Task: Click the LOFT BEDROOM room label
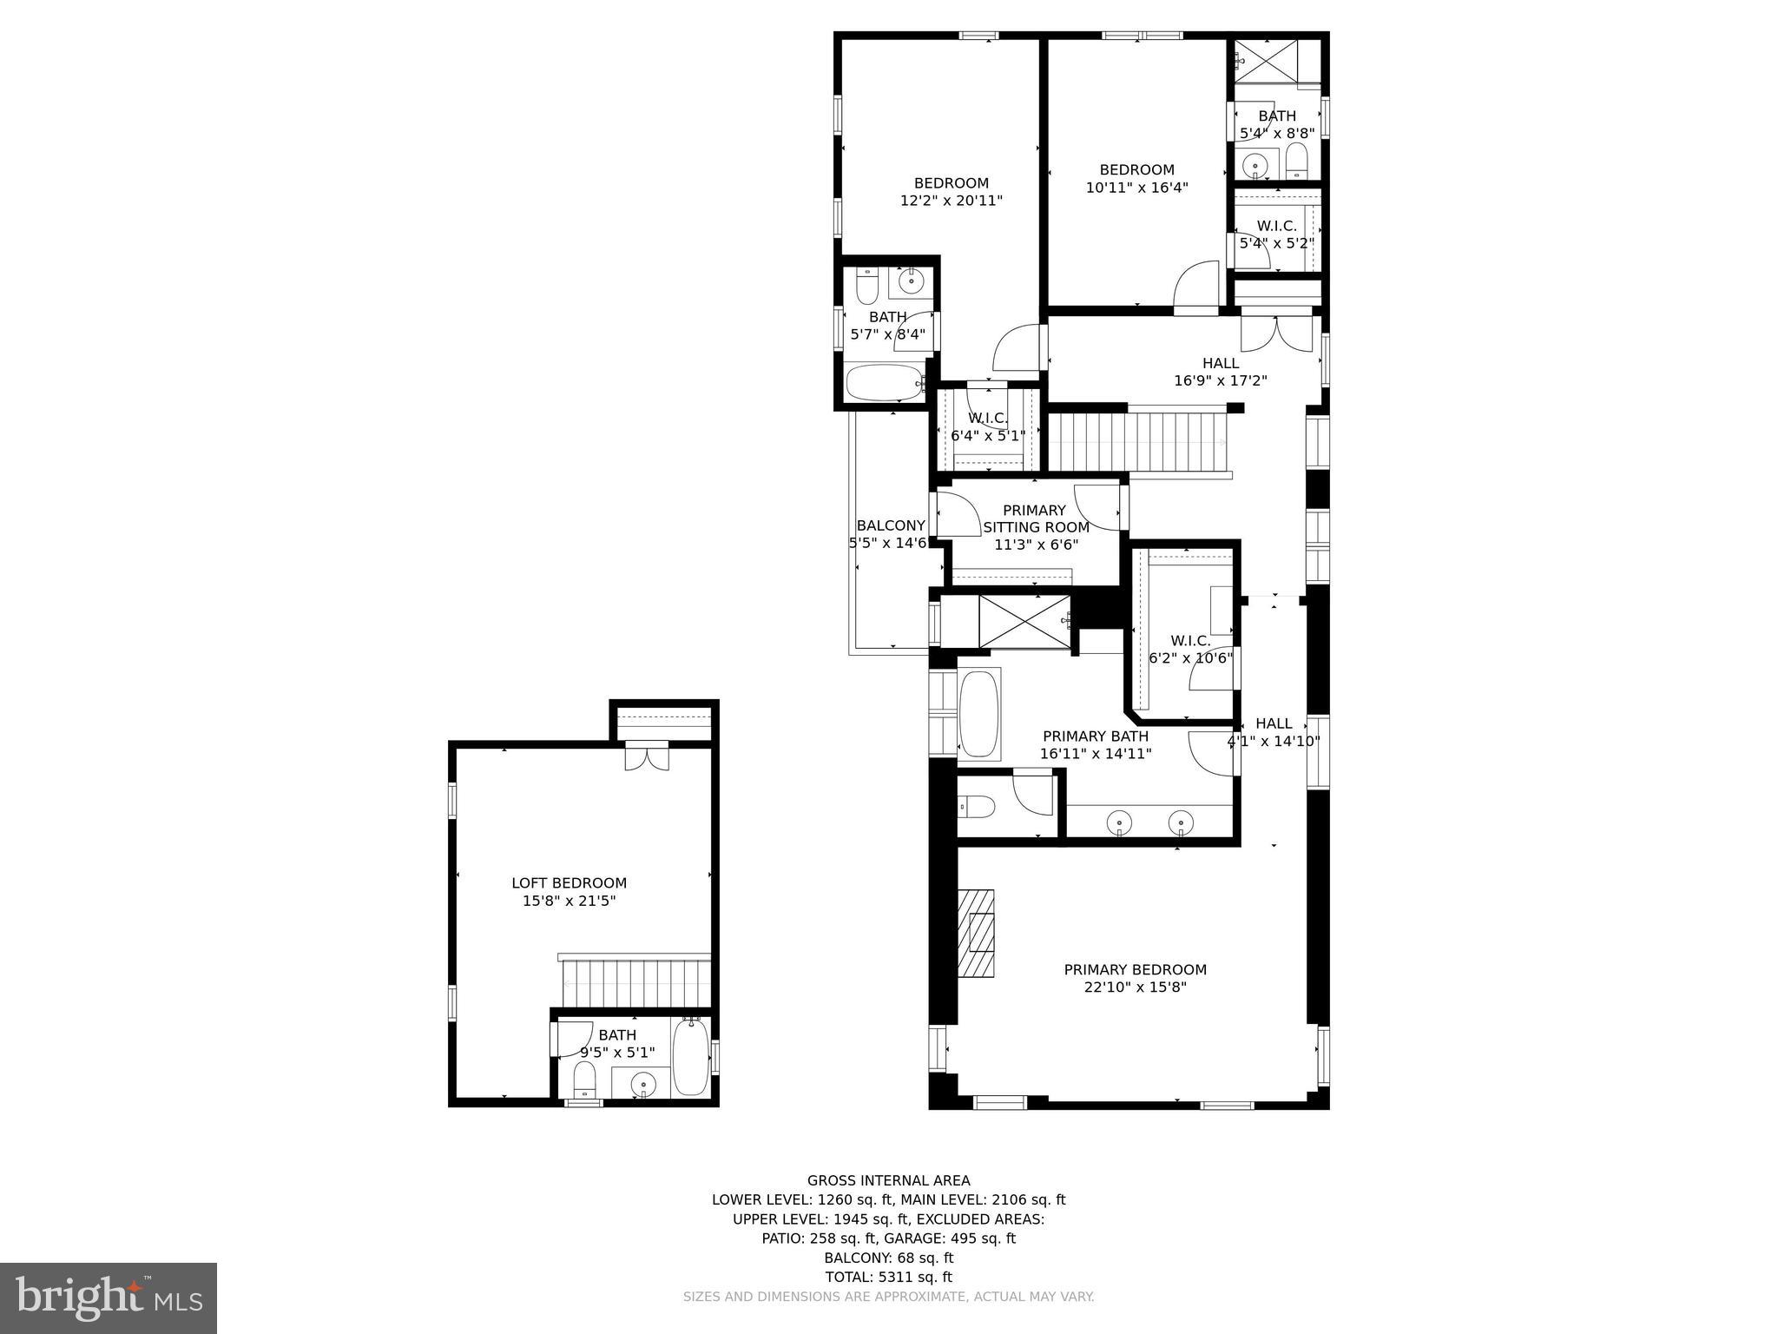(x=569, y=883)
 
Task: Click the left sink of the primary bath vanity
(x=1120, y=822)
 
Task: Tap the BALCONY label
(x=891, y=525)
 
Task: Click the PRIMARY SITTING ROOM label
(x=1035, y=519)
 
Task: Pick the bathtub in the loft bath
(x=691, y=1058)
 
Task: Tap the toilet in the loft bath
(x=584, y=1081)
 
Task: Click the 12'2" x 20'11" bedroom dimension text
(x=951, y=201)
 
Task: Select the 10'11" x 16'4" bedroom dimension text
(x=1136, y=188)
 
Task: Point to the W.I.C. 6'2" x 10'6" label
(x=1190, y=650)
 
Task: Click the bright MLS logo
(x=109, y=1298)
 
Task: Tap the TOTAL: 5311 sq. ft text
(x=888, y=1277)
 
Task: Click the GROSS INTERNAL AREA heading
(x=888, y=1180)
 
